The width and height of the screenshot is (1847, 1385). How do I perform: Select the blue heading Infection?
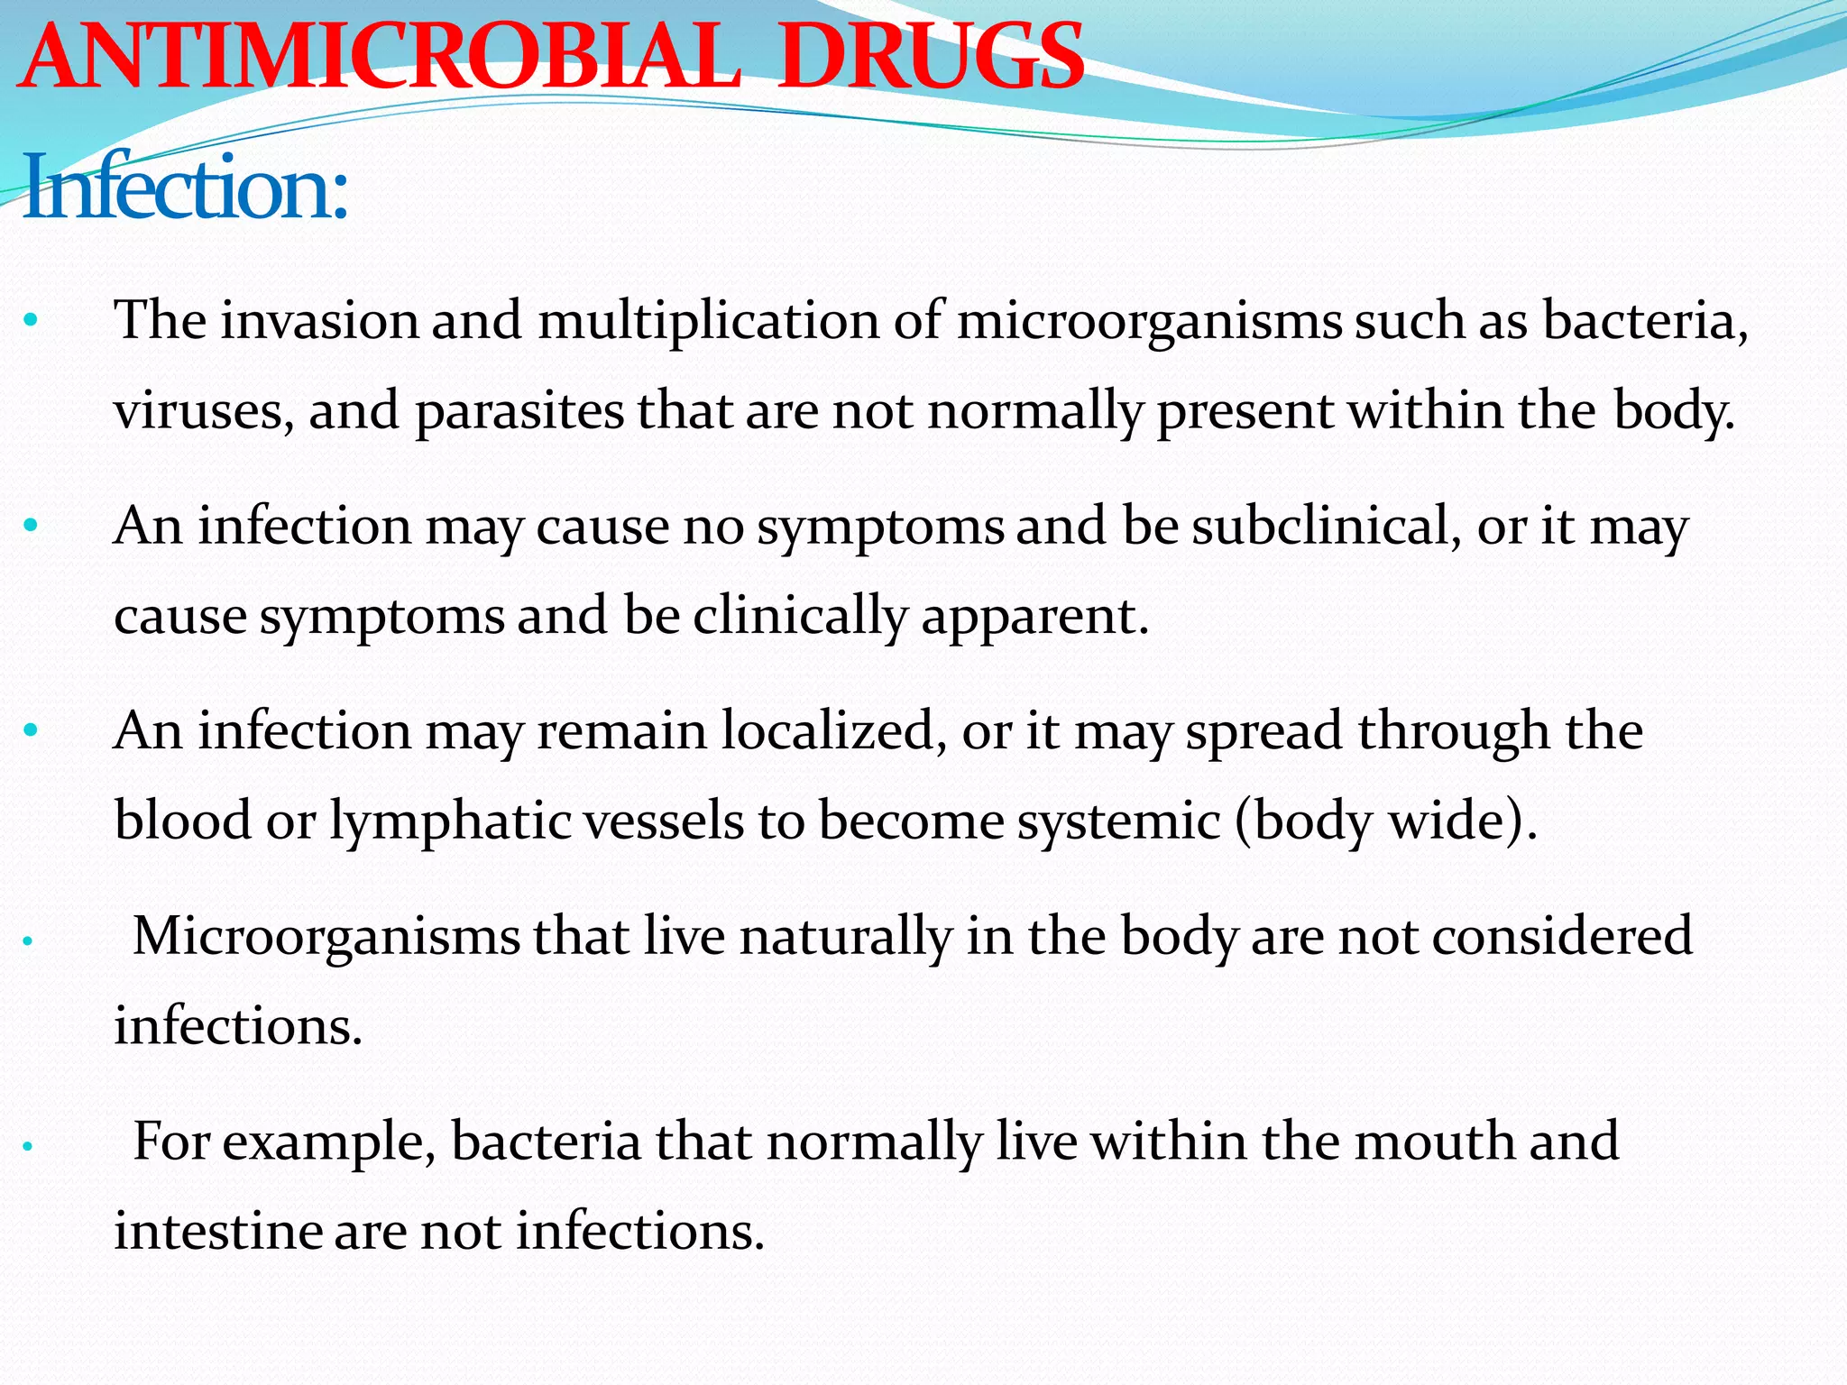pyautogui.click(x=185, y=188)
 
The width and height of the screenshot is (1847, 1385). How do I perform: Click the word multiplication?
pyautogui.click(x=709, y=321)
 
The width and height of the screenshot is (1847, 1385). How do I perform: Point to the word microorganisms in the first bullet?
pyautogui.click(x=1149, y=321)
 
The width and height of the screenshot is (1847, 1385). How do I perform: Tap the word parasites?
pyautogui.click(x=519, y=411)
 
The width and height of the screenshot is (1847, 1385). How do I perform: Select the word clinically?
pyautogui.click(x=799, y=616)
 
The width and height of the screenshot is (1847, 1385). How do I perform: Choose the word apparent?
pyautogui.click(x=1034, y=618)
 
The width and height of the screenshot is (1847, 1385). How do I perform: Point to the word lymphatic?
pyautogui.click(x=449, y=821)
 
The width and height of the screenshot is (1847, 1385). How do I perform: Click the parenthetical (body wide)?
pyautogui.click(x=1385, y=821)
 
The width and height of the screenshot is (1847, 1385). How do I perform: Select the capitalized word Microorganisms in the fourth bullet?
pyautogui.click(x=326, y=936)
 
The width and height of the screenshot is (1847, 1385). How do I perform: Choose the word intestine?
pyautogui.click(x=218, y=1231)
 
